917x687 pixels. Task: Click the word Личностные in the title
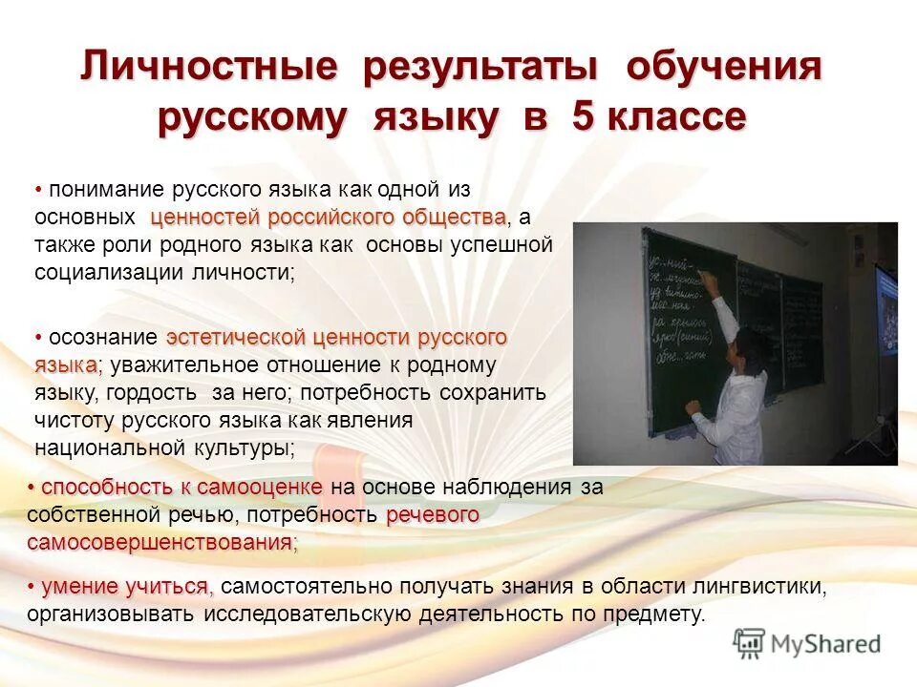coord(209,69)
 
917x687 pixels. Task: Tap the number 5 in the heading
coord(584,118)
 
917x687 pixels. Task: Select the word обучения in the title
coord(723,69)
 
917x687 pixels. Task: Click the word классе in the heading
coord(676,118)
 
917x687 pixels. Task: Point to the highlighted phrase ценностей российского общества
coord(329,217)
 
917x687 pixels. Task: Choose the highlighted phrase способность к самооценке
coord(181,488)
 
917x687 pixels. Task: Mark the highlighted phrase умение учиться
coord(125,585)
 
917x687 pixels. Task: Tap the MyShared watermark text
coord(826,644)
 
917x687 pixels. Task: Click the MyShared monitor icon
coord(750,643)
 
